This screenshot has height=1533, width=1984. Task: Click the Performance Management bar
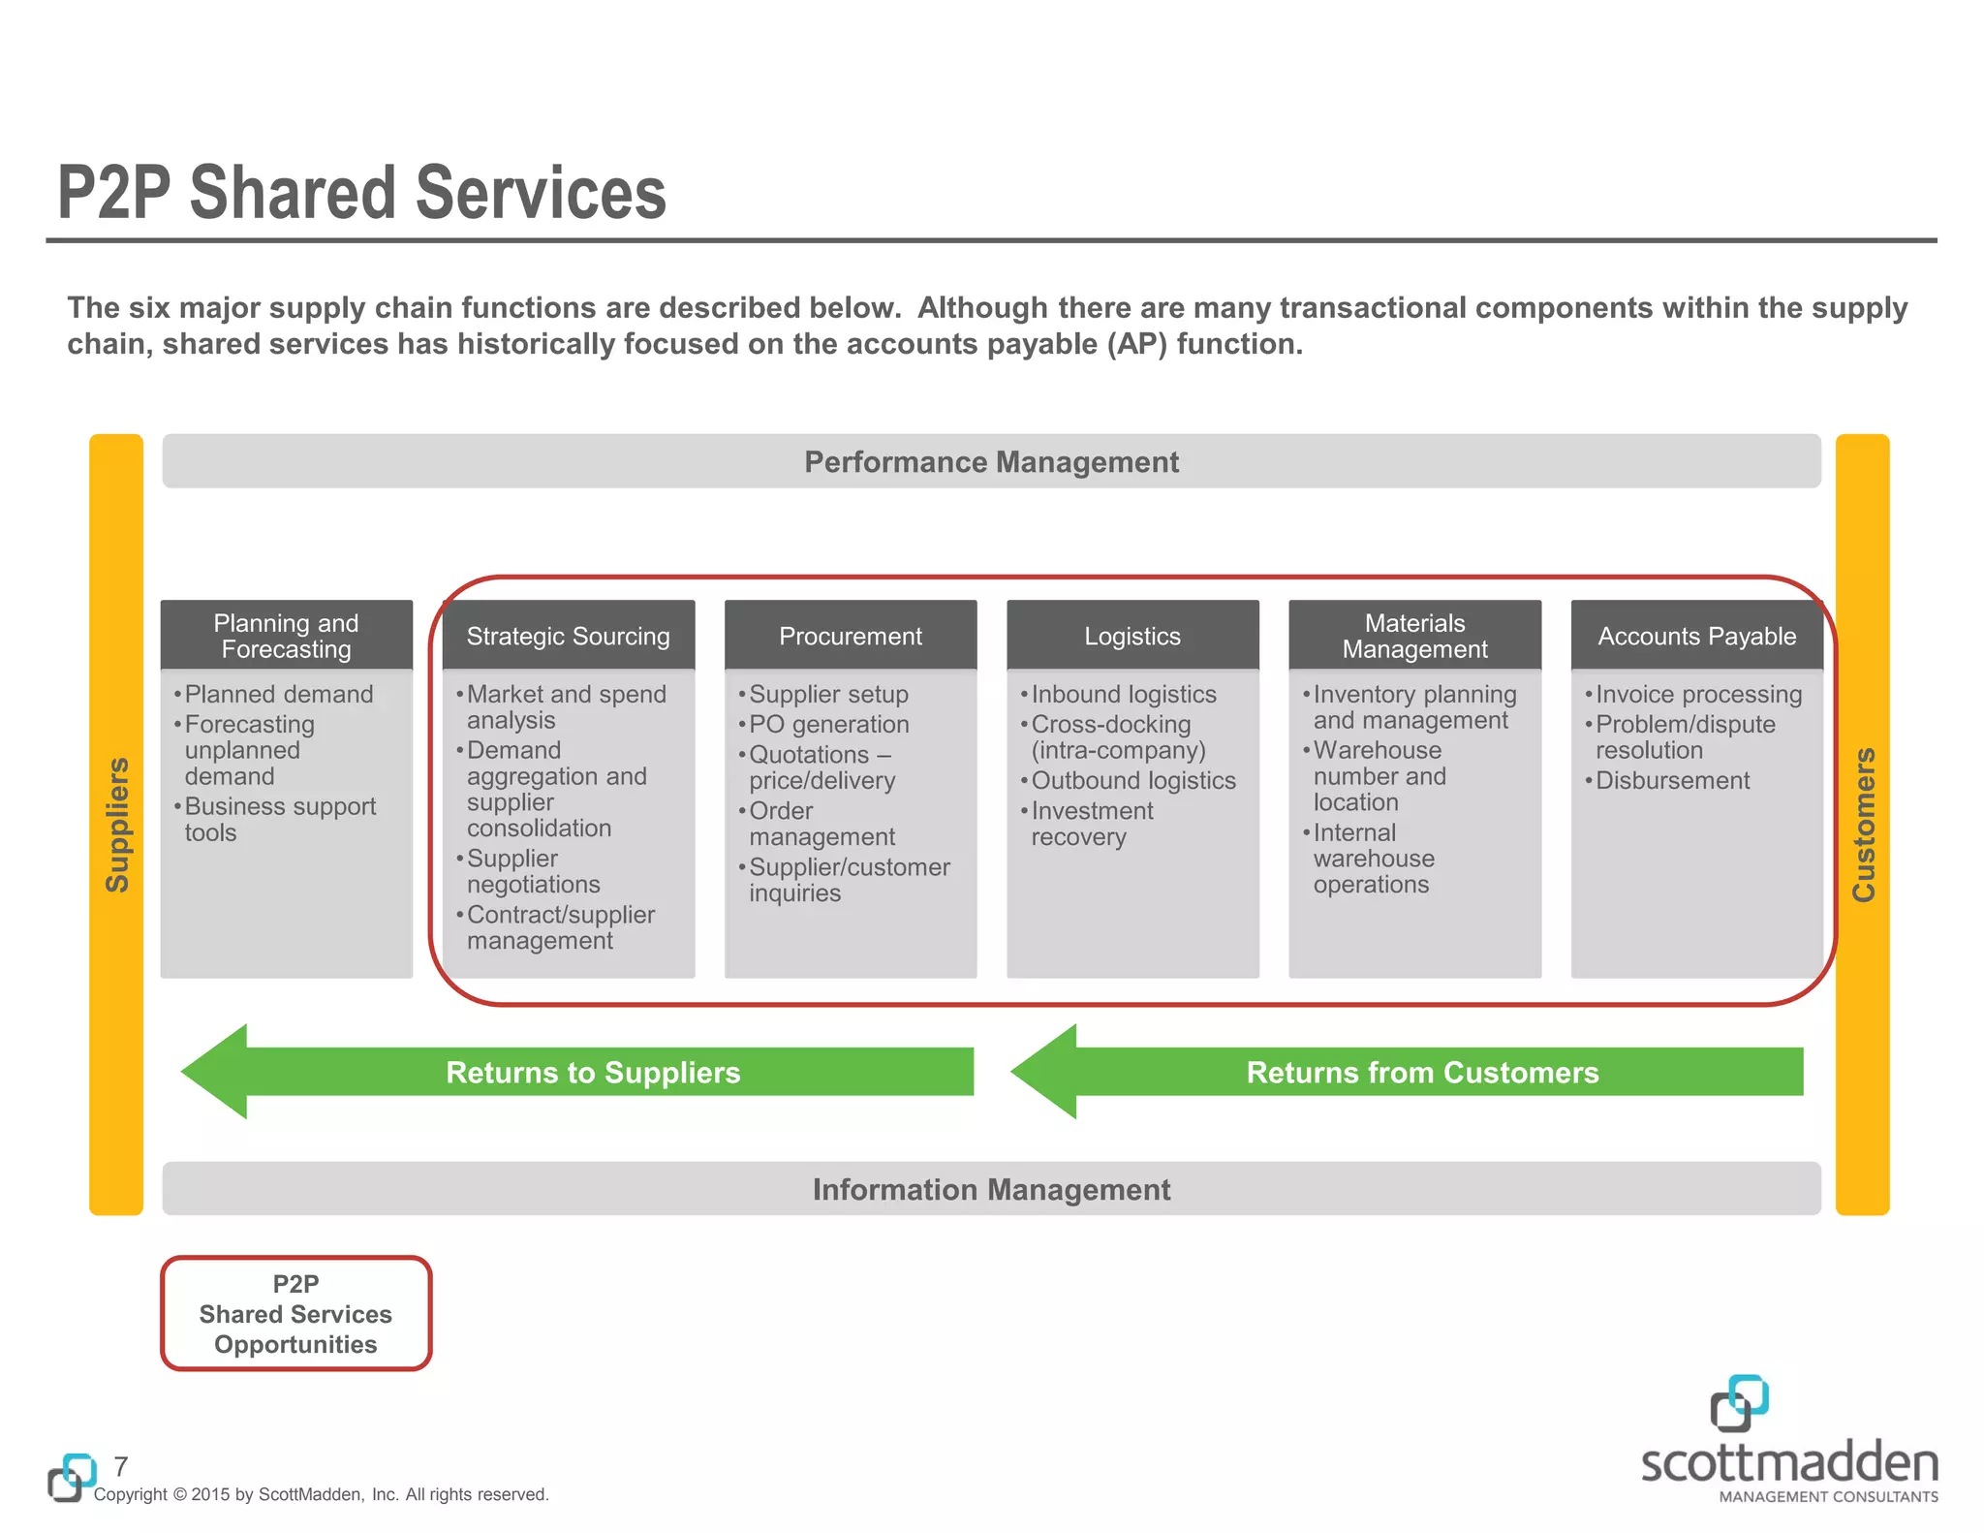tap(991, 461)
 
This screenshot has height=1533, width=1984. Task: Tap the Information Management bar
tap(991, 1189)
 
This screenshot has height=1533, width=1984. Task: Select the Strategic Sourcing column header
tap(568, 636)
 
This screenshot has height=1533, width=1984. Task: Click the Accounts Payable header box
tap(1696, 636)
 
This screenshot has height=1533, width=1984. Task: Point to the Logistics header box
tap(1132, 636)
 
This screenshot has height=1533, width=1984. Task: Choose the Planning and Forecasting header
tap(286, 636)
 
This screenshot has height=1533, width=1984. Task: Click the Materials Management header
tap(1414, 636)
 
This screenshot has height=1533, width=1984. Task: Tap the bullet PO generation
tap(828, 724)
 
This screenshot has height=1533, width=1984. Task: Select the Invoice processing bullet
tap(1698, 694)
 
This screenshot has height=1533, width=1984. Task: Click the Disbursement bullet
tap(1672, 780)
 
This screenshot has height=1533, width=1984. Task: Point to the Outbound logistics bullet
tap(1132, 780)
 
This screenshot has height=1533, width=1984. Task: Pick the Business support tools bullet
tap(279, 819)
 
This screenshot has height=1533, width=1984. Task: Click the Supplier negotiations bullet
tap(532, 871)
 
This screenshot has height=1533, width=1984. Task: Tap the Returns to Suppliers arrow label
tap(593, 1072)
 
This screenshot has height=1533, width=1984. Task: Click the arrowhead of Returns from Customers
tap(1046, 1072)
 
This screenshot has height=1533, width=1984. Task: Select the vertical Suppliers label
tap(116, 824)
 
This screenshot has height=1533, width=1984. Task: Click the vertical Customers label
tap(1863, 824)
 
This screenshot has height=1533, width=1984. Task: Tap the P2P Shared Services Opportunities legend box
tap(295, 1313)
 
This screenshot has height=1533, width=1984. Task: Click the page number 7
tap(121, 1465)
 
